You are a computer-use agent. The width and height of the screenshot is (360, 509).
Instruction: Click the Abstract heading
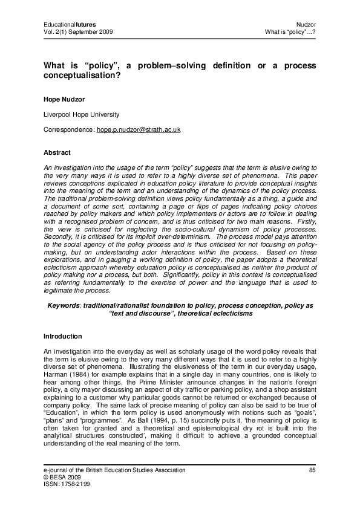pos(57,152)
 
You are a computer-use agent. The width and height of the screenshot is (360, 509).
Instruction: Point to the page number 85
pos(312,470)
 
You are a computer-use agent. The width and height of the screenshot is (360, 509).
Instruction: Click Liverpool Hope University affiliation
pos(81,114)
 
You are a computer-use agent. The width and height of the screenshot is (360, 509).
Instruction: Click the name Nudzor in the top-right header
pos(306,24)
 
